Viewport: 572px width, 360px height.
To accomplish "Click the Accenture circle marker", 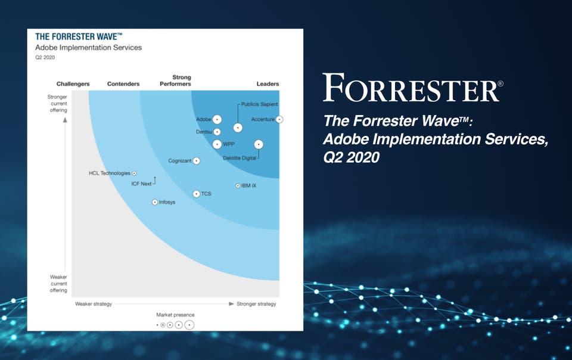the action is (279, 119).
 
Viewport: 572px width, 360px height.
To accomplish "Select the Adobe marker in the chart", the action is (217, 119).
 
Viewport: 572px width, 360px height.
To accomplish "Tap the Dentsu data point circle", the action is (217, 132).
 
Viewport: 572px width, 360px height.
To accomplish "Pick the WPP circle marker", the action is (217, 144).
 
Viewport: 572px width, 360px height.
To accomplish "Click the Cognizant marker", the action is (196, 161).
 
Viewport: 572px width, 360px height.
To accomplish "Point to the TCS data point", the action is (196, 194).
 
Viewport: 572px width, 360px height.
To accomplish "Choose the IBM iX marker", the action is (238, 185).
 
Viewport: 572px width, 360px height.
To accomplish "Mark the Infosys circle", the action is (155, 202).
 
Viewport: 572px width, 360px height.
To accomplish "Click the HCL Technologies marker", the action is (134, 173).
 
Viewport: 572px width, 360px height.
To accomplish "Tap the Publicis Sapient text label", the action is (259, 104).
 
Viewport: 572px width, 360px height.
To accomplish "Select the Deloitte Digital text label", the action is (240, 158).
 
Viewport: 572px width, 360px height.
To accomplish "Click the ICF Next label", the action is (141, 184).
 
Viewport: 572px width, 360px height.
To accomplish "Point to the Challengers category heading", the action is (73, 84).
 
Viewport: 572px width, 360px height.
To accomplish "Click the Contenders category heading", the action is (123, 84).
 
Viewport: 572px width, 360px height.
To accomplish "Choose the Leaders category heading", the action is (268, 84).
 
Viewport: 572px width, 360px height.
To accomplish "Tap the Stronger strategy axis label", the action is (256, 304).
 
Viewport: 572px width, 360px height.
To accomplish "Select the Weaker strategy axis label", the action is (94, 304).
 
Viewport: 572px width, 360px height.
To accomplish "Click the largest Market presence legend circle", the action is (189, 325).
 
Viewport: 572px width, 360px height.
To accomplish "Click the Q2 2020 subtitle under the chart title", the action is (45, 57).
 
